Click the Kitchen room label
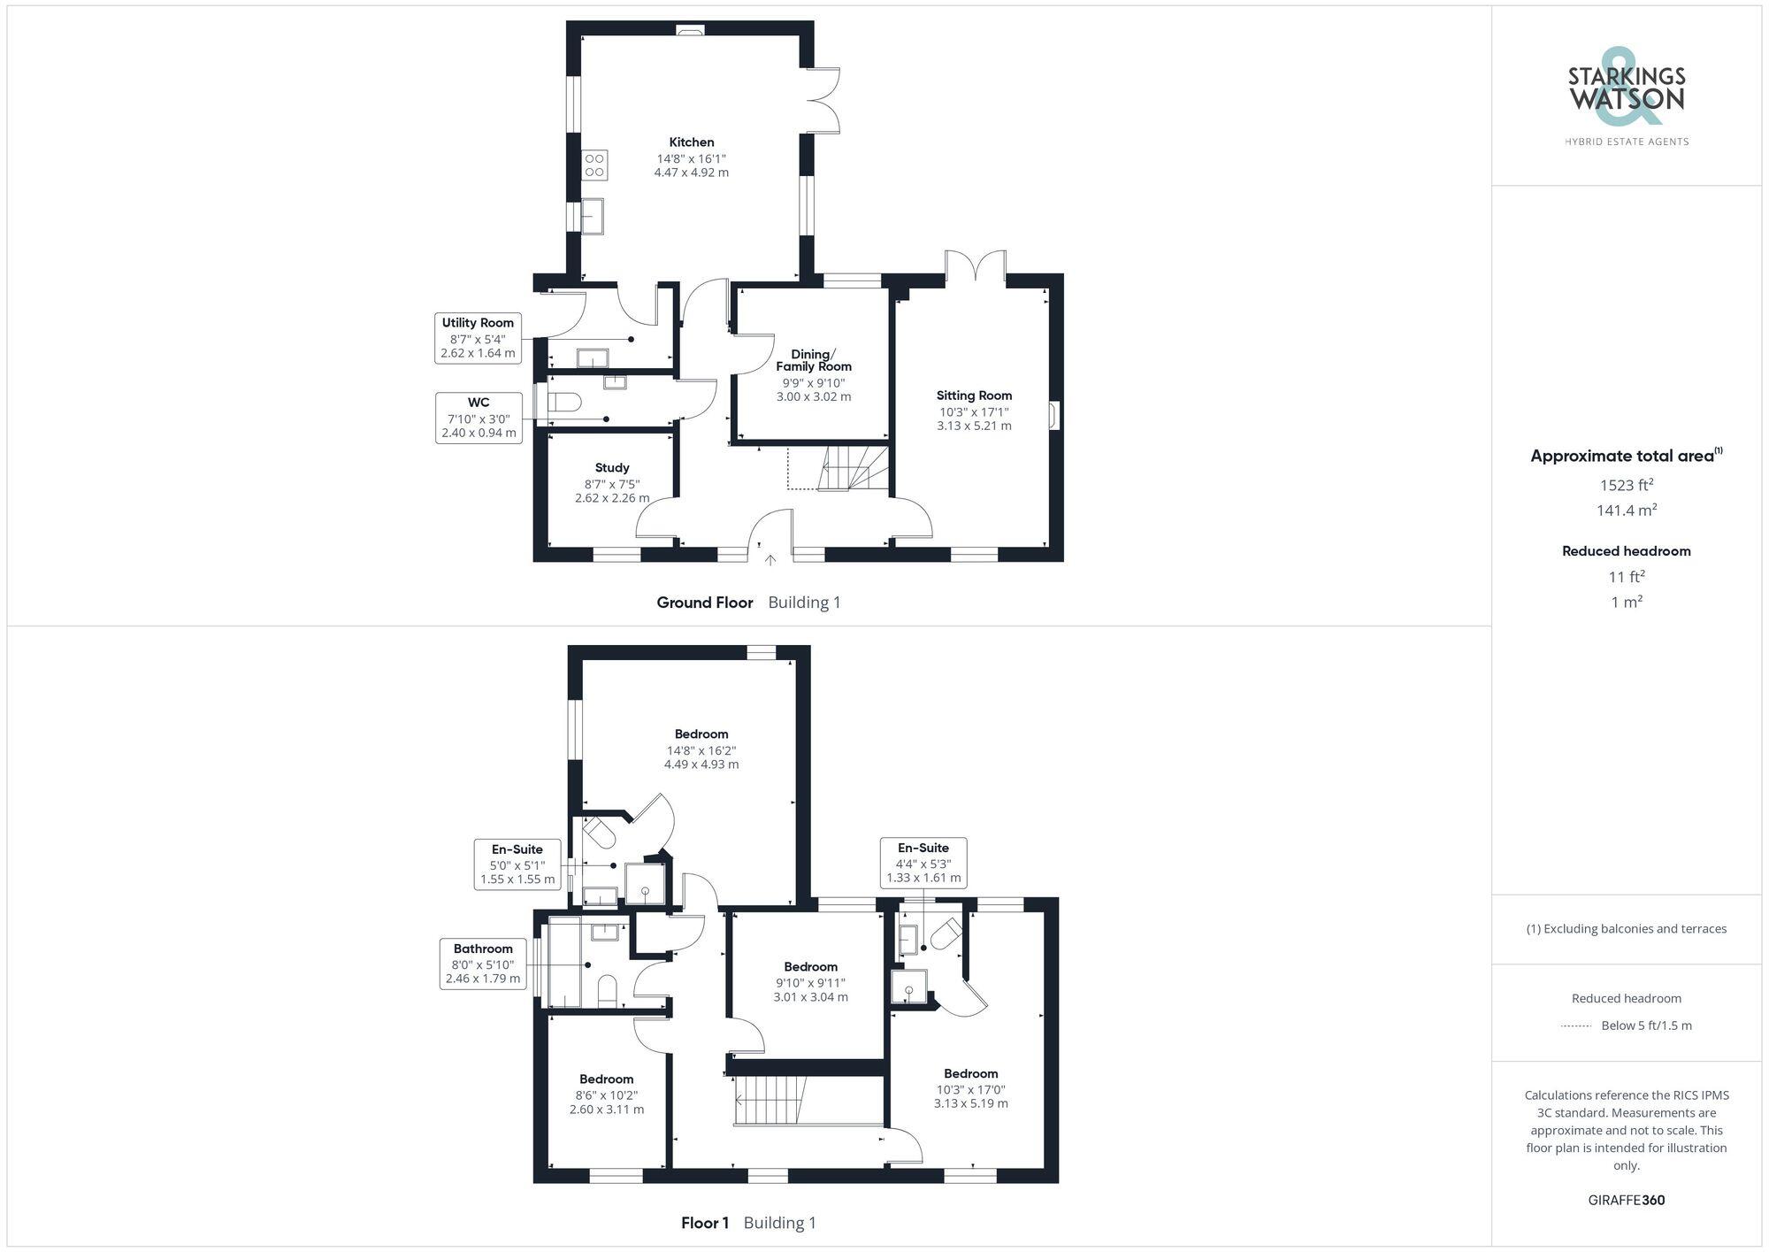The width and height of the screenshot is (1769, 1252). [691, 142]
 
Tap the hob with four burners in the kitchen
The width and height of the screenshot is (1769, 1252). [594, 165]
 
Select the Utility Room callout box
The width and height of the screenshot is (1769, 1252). [478, 338]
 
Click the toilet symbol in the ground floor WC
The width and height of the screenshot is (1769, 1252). [564, 403]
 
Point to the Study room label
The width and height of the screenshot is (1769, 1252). [612, 468]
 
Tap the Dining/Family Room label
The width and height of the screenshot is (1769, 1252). [814, 360]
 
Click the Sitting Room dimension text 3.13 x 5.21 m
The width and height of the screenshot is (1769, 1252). [974, 426]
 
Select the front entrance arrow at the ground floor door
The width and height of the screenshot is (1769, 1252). [770, 559]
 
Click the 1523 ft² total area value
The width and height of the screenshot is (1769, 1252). [1626, 485]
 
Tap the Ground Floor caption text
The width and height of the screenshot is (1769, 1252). [705, 603]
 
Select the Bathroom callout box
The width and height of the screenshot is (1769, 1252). [483, 964]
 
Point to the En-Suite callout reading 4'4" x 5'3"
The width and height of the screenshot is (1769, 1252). [923, 863]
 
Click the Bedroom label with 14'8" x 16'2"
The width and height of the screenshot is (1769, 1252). [701, 734]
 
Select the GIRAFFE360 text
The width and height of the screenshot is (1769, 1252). [1626, 1201]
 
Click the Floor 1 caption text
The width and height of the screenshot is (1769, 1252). [705, 1223]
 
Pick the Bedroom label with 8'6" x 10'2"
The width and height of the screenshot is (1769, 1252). [607, 1079]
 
